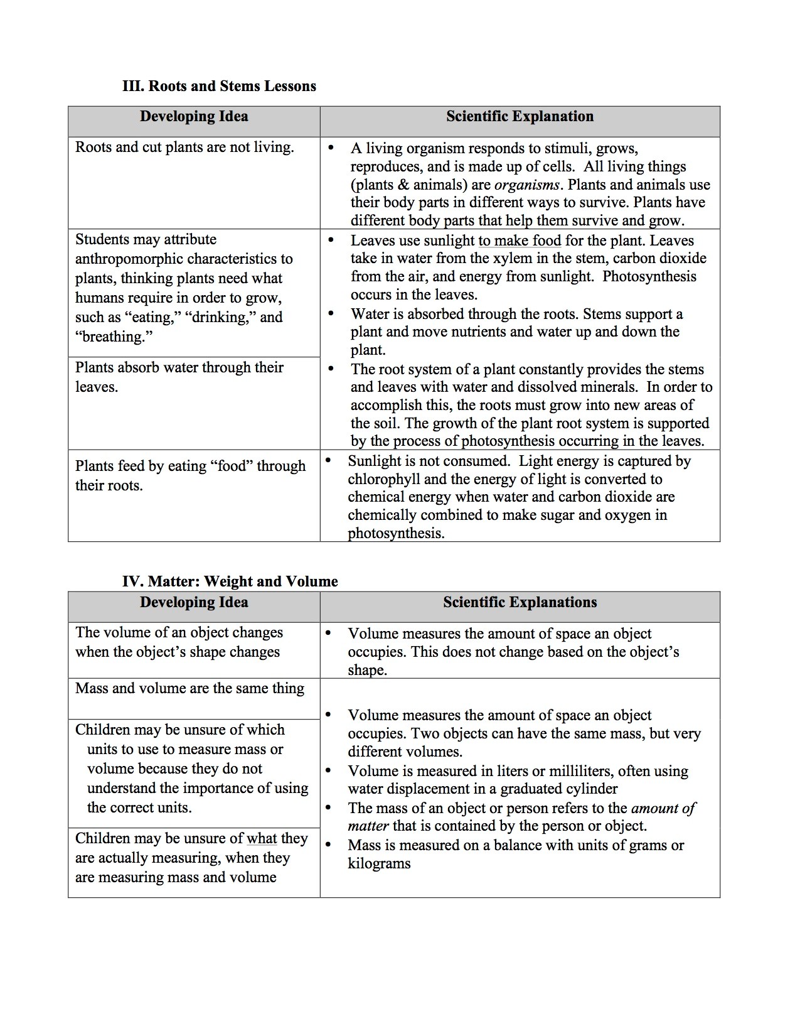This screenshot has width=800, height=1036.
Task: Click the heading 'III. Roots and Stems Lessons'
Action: (219, 86)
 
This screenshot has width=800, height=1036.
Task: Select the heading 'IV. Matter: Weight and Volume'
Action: (230, 581)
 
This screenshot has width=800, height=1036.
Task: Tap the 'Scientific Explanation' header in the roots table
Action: (520, 117)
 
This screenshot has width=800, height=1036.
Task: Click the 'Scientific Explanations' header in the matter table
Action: (520, 603)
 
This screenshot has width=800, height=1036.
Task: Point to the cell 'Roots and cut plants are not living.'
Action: (184, 148)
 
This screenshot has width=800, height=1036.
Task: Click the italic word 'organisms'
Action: (526, 185)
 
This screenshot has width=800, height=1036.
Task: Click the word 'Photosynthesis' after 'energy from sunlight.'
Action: (649, 277)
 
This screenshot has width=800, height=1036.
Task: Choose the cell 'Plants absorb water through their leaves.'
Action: (179, 377)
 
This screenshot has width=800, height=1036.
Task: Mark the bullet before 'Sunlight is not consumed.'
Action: (328, 460)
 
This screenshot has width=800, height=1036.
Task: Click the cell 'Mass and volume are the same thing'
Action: (189, 689)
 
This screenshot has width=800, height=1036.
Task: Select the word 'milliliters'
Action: (586, 772)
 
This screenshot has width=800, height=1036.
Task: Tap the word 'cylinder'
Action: (592, 789)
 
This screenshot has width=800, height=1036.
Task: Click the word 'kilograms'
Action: (379, 863)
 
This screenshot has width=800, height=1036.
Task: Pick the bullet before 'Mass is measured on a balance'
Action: (328, 844)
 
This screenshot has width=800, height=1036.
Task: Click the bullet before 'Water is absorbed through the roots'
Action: (331, 313)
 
